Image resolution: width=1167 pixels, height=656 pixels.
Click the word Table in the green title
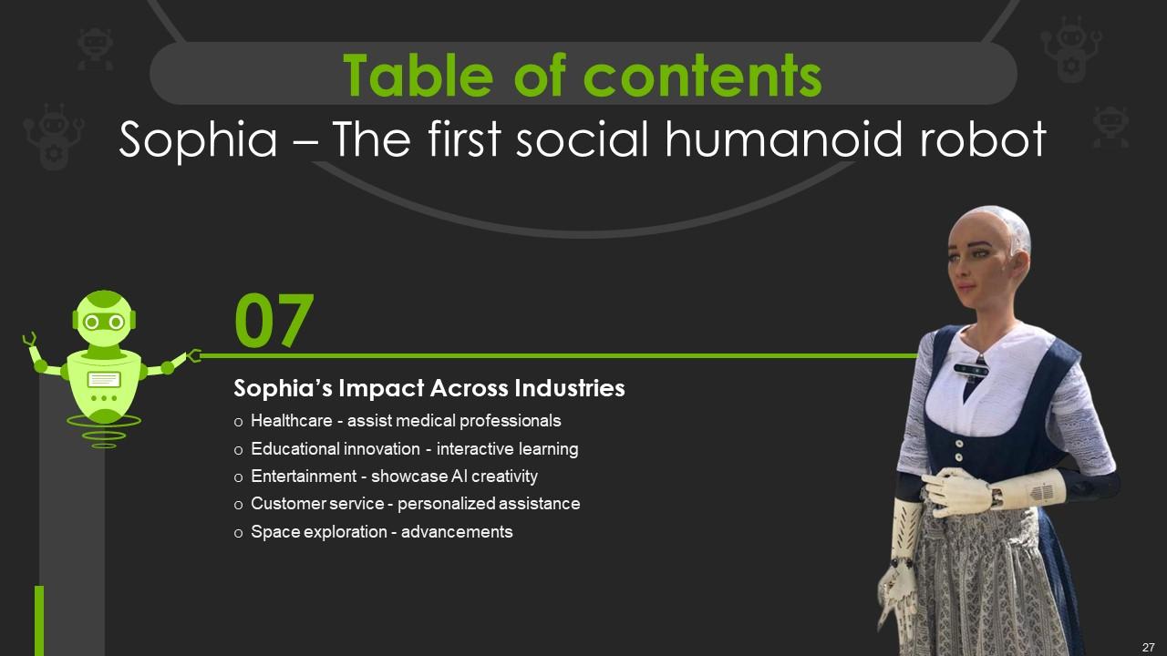[418, 76]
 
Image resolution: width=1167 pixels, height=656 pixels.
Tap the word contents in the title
[702, 77]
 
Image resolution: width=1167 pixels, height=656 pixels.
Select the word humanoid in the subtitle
[782, 139]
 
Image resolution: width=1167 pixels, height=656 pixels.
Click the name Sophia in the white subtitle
[198, 140]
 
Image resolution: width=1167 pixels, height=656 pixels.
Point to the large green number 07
[274, 320]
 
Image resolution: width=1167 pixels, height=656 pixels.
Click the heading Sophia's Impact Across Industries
[429, 388]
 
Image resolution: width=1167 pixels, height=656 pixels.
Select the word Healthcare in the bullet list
[291, 421]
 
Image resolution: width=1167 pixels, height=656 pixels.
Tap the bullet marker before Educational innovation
[238, 450]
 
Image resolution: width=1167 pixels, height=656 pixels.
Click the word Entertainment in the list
[304, 477]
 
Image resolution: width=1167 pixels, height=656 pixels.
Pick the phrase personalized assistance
[489, 504]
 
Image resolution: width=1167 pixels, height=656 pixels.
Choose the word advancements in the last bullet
[457, 532]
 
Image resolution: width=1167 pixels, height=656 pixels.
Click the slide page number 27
[1148, 647]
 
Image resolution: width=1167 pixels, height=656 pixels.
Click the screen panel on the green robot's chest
[104, 380]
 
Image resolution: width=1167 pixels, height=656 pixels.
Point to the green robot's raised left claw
[30, 340]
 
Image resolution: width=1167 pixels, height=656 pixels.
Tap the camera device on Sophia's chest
[971, 370]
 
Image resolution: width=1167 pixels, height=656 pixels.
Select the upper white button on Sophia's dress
[958, 444]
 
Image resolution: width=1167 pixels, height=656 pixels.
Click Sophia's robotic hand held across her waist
[957, 493]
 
